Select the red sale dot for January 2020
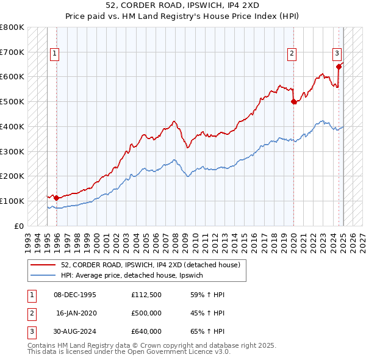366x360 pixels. click(293, 102)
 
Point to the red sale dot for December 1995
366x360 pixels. click(56, 198)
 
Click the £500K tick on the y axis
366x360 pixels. click(12, 102)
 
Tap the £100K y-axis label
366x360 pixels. click(12, 201)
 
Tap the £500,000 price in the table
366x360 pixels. click(146, 313)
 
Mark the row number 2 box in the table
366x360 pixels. click(30, 313)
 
